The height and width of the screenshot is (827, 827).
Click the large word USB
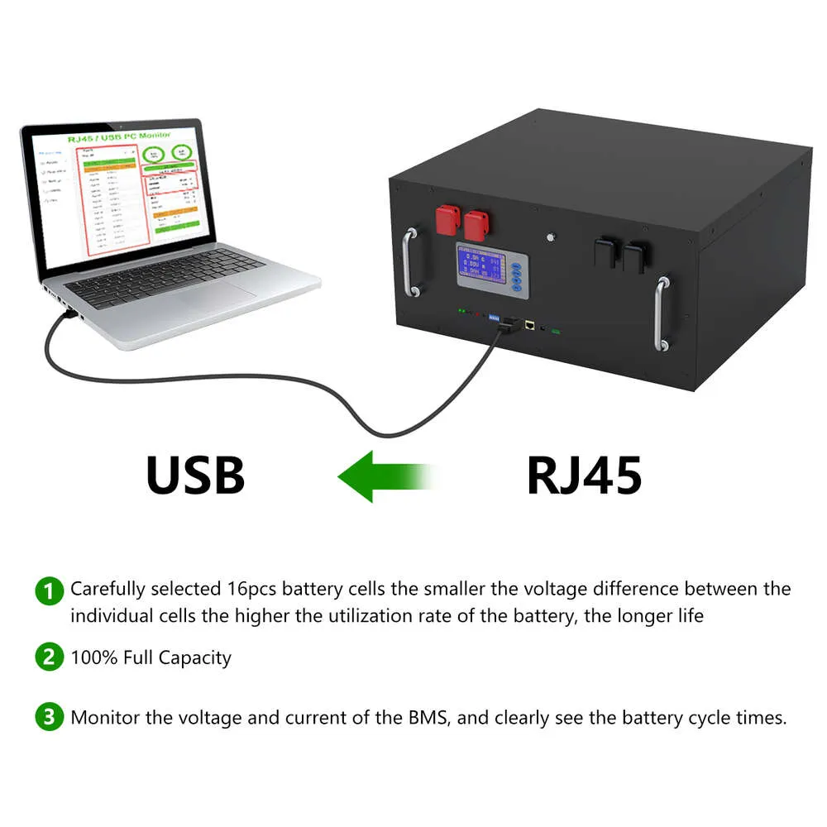point(195,475)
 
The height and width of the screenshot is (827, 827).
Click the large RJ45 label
point(584,475)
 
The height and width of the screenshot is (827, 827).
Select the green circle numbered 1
point(49,591)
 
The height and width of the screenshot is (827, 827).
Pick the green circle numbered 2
point(49,658)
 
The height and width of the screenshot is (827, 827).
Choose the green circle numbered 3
point(49,717)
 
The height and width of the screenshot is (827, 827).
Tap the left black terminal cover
point(605,251)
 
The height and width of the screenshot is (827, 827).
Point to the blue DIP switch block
point(498,317)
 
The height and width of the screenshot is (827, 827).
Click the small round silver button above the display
point(550,238)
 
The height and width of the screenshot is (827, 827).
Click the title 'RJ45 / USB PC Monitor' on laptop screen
point(120,136)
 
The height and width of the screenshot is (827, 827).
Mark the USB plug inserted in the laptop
point(71,315)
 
